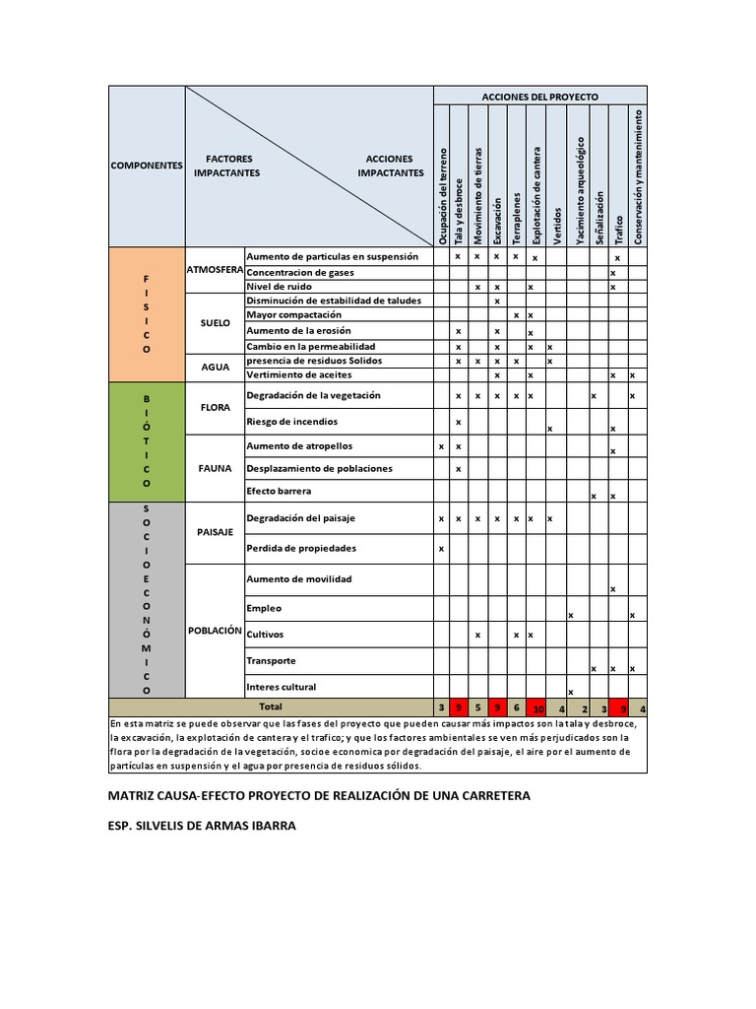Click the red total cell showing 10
pos(537,707)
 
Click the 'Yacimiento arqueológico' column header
pos(580,189)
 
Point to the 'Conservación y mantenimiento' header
pos(638,176)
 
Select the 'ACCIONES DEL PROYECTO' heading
pos(539,97)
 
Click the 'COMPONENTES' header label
pos(147,166)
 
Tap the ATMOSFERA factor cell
pos(215,270)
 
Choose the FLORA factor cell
pos(215,406)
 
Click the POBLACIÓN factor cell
pos(215,631)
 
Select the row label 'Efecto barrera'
pos(279,491)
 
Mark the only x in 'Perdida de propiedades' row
pos(441,549)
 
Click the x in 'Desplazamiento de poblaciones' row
pos(459,469)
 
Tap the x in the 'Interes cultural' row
pos(571,692)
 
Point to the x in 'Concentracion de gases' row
pos(613,273)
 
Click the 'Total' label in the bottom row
pos(270,706)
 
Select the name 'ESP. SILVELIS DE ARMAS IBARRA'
pos(201,826)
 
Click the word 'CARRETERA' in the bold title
pos(492,795)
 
